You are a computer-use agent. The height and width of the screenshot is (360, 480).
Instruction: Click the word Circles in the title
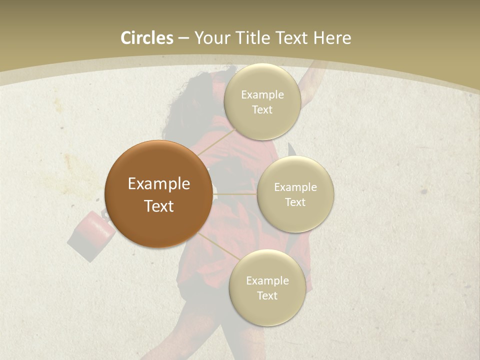coord(146,38)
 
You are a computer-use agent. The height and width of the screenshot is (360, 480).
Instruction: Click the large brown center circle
coord(158,194)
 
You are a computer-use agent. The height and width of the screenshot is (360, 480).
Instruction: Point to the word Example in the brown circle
coord(158,184)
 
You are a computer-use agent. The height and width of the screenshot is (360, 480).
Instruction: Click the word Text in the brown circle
coord(158,206)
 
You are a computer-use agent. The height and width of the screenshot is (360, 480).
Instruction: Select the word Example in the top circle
coord(262,95)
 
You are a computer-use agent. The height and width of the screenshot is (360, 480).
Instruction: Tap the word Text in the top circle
coord(262,110)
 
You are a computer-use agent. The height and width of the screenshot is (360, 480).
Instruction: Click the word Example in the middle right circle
coord(295,187)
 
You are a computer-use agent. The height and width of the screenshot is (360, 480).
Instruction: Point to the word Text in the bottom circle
coord(267,295)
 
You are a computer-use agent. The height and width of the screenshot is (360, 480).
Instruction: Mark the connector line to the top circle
coord(216,142)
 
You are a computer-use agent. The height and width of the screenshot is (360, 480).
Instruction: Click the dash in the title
coord(183,38)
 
